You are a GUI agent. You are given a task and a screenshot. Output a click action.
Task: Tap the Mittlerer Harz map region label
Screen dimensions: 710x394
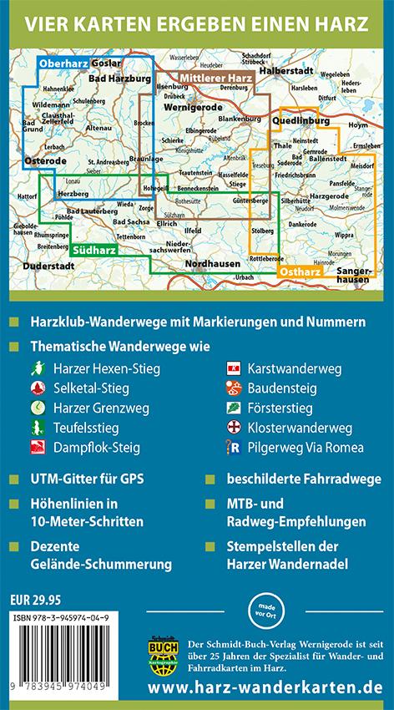tap(215, 78)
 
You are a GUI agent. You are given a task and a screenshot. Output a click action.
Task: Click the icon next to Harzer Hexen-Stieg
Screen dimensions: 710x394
tap(36, 368)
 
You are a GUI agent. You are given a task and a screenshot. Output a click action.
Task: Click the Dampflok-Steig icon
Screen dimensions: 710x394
tap(36, 448)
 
